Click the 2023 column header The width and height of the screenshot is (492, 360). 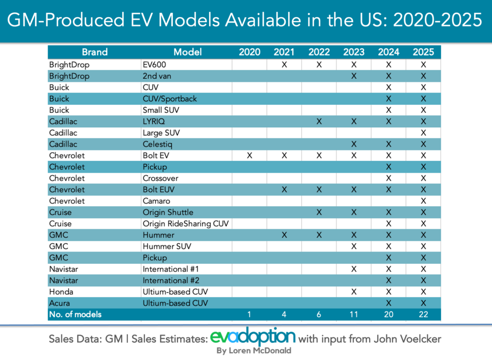pos(354,52)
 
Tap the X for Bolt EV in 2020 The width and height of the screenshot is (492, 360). pos(249,156)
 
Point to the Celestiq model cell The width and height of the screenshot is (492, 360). pos(157,144)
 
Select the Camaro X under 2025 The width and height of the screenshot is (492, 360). pos(423,201)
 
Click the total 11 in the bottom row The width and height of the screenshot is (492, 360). pos(354,315)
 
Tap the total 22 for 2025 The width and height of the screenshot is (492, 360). pos(423,315)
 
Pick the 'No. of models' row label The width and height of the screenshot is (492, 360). pos(75,315)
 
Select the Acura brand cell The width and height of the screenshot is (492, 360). pos(59,303)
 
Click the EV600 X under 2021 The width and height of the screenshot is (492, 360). pos(284,64)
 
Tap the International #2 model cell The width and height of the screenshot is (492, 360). pos(172,280)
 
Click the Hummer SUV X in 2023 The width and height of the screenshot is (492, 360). pos(354,247)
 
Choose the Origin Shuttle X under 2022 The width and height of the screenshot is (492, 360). pos(319,212)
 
